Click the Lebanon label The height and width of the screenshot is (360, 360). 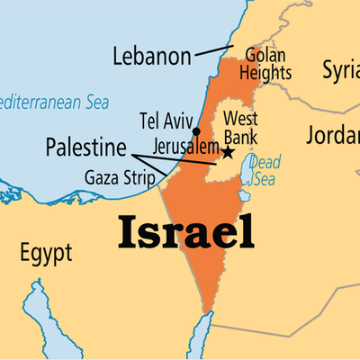[x=152, y=57]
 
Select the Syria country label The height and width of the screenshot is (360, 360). [x=342, y=68]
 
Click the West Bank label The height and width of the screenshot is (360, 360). [x=240, y=127]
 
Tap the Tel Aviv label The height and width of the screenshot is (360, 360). [x=164, y=121]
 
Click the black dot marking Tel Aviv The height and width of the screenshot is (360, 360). [x=197, y=131]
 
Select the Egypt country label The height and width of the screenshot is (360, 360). [x=45, y=254]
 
